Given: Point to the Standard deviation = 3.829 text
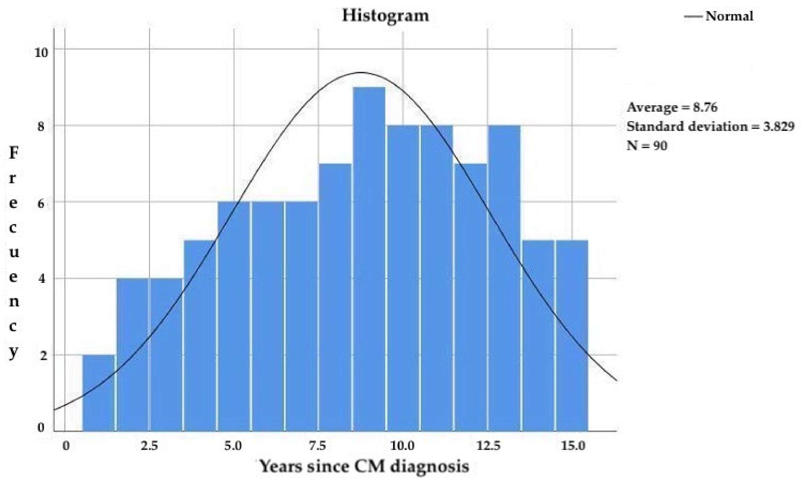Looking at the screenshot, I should (x=710, y=126).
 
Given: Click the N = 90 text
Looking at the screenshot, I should (x=647, y=145).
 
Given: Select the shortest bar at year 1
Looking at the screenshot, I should (x=99, y=393).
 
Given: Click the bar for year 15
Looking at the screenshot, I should (x=572, y=336).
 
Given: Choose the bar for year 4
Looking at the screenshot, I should (x=200, y=336).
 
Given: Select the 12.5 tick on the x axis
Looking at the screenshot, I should (x=488, y=446).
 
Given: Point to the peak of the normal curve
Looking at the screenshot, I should (x=361, y=72).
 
